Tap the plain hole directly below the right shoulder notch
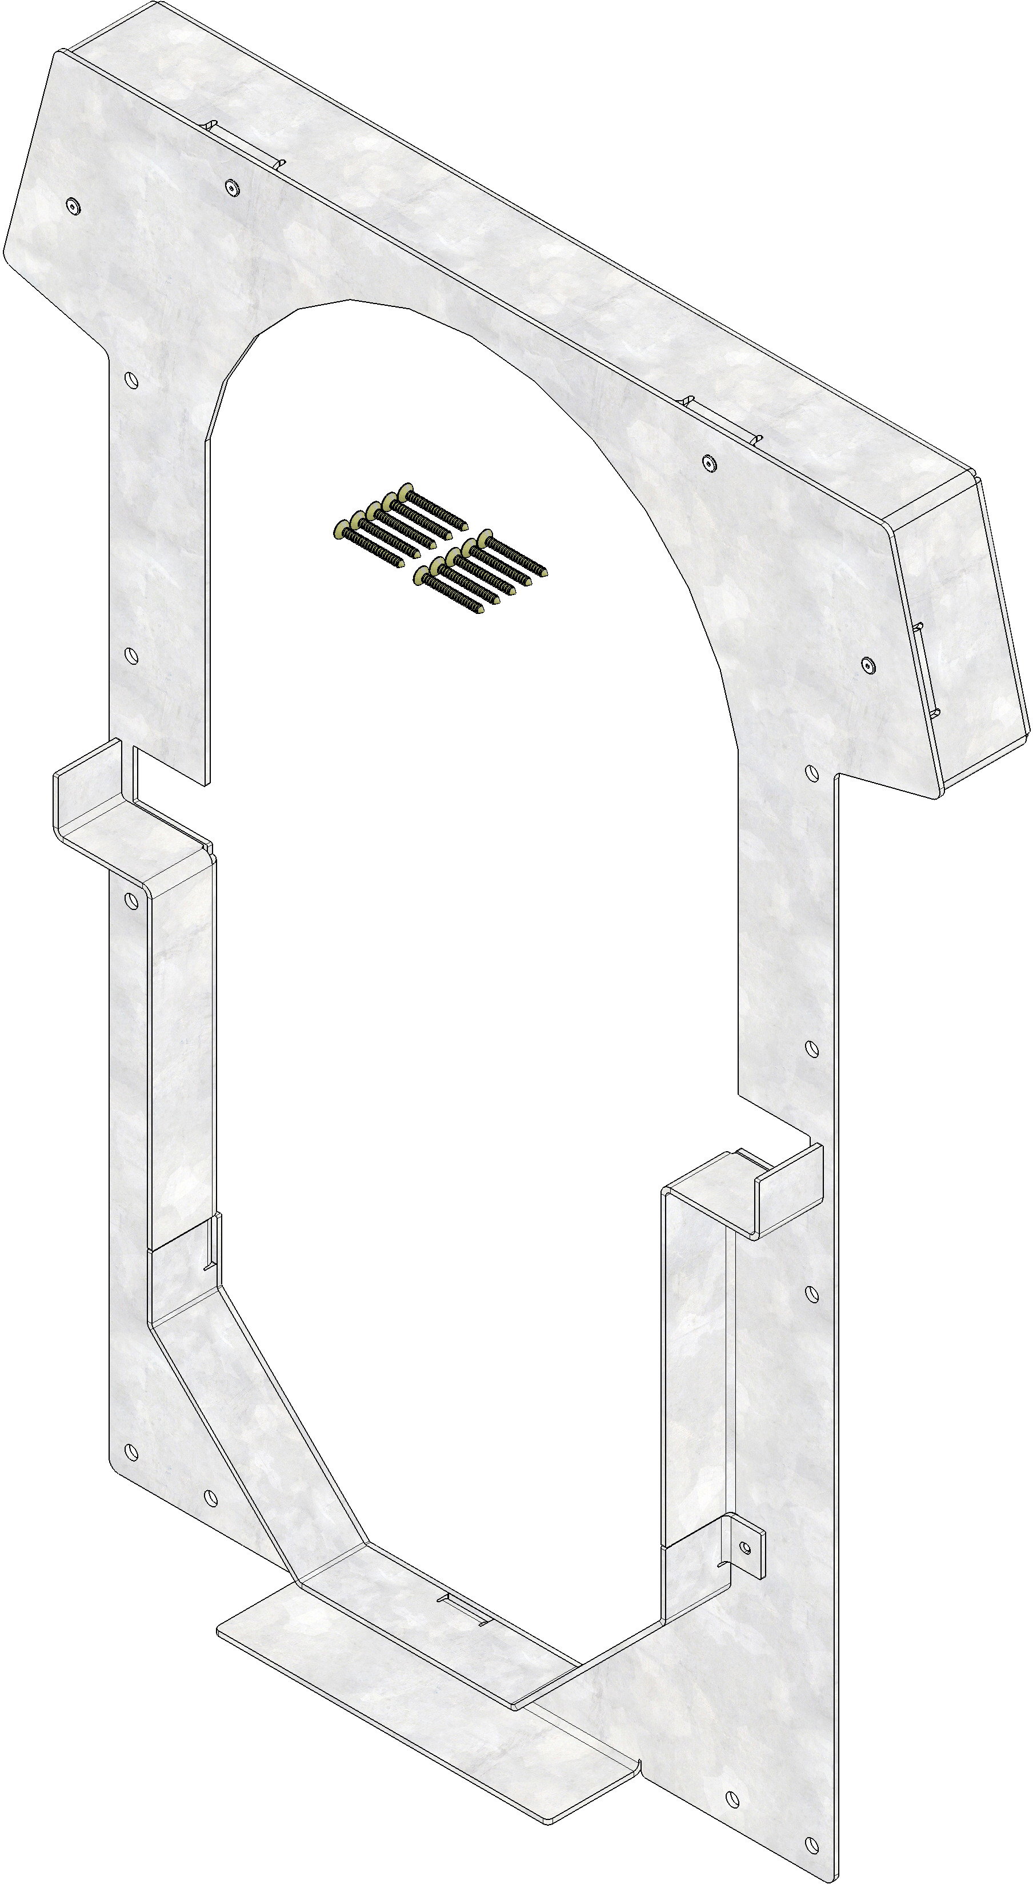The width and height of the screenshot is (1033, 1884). (x=810, y=772)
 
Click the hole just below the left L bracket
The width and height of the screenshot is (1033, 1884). (x=133, y=900)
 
